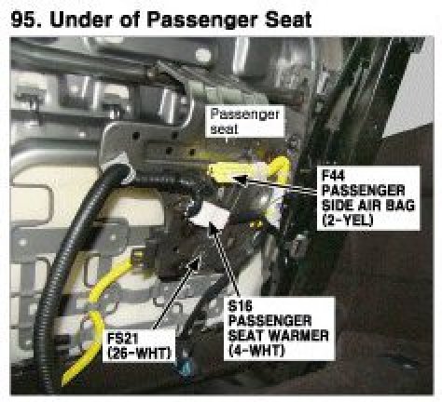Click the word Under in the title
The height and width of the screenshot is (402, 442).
[x=80, y=20]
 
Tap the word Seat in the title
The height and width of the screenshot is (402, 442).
[x=288, y=20]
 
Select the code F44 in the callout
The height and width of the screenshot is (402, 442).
[x=333, y=176]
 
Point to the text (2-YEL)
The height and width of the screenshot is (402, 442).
[x=348, y=221]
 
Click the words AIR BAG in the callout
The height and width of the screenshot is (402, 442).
[x=383, y=206]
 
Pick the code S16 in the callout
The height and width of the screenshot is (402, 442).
[x=240, y=306]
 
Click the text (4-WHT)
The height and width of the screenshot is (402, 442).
[x=256, y=351]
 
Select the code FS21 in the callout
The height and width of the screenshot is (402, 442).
[x=122, y=339]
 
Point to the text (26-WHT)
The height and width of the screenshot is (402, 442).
[x=140, y=353]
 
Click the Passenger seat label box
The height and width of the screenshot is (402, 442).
[x=244, y=121]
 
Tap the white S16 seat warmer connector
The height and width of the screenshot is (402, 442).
[x=210, y=216]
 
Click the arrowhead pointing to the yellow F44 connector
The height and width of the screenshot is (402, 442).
[x=240, y=179]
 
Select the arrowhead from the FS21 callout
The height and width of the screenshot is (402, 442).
[x=196, y=262]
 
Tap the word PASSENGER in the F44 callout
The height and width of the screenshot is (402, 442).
[x=363, y=191]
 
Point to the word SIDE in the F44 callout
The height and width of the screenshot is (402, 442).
[x=336, y=206]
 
